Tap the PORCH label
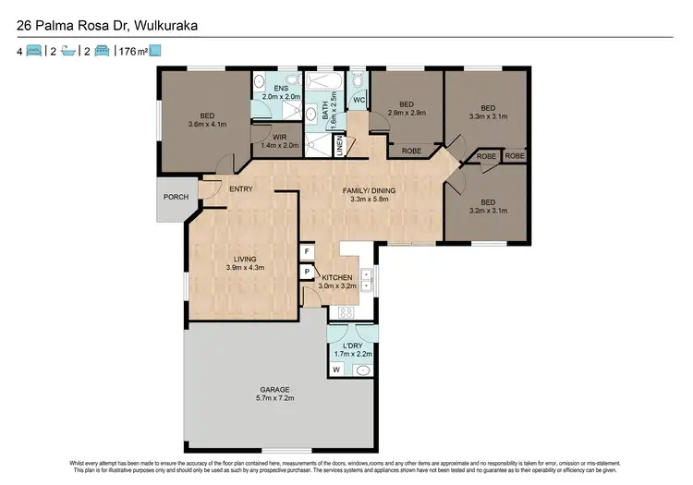tap(176, 197)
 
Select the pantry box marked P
tap(306, 272)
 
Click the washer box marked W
tap(335, 370)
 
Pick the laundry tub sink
tap(362, 370)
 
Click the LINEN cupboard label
tap(340, 145)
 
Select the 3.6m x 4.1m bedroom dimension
tap(206, 125)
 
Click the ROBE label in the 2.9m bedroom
tap(412, 151)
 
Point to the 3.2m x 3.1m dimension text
tap(487, 210)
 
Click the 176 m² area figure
tap(133, 51)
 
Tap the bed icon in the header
tap(34, 51)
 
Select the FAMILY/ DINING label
tap(369, 190)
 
